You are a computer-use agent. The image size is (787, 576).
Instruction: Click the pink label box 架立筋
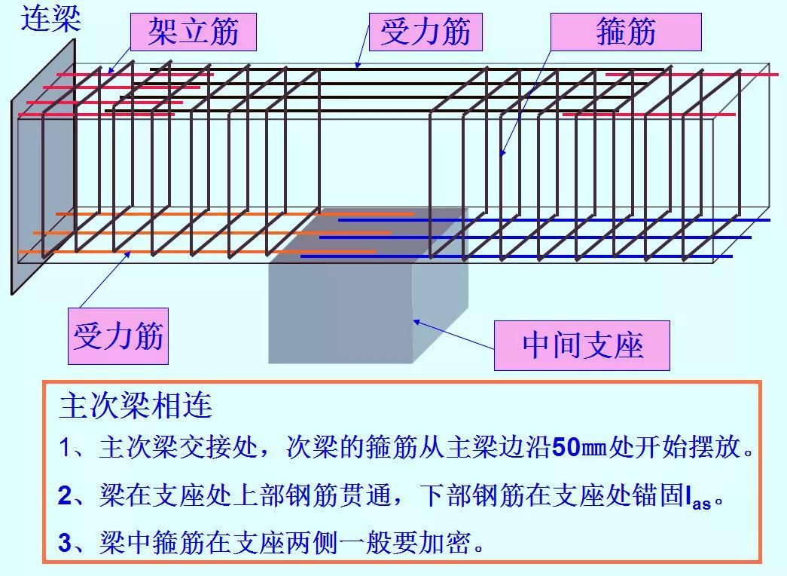click(x=193, y=32)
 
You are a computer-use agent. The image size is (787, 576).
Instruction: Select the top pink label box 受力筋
click(x=426, y=32)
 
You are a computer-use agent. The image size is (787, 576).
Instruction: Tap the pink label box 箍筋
click(x=626, y=32)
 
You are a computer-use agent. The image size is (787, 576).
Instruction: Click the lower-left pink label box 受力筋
click(x=118, y=335)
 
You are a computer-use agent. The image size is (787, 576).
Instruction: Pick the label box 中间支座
click(x=582, y=345)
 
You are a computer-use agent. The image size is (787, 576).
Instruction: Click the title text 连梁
click(x=50, y=18)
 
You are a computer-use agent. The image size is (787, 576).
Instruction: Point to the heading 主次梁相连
click(x=136, y=406)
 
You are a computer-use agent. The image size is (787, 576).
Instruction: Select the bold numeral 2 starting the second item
click(x=65, y=496)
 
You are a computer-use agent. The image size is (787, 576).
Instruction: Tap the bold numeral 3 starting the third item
click(x=65, y=543)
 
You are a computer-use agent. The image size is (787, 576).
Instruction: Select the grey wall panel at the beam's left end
click(x=44, y=166)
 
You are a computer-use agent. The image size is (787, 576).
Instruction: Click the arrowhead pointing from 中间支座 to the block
click(x=415, y=322)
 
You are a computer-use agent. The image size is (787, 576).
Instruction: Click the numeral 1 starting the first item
click(x=65, y=449)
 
